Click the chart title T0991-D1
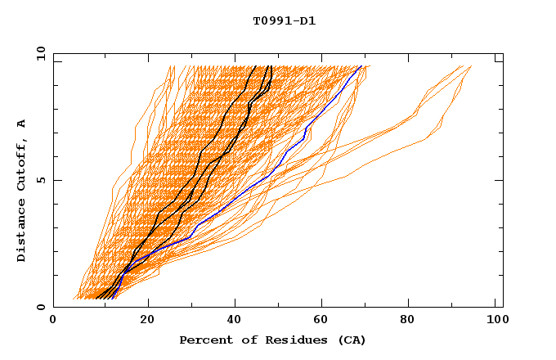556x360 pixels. (x=284, y=20)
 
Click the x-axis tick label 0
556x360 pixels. (x=53, y=320)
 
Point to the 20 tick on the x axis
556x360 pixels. (x=148, y=320)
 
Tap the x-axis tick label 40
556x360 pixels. (x=236, y=320)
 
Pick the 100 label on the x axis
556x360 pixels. (x=495, y=320)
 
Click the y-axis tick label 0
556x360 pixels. (x=41, y=307)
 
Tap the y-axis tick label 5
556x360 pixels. (x=41, y=180)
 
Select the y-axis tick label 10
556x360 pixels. (x=38, y=53)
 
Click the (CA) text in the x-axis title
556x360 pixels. (x=352, y=340)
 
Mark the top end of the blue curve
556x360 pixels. (x=361, y=66)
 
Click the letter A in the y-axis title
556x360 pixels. (x=21, y=123)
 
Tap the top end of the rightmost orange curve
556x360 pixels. (x=471, y=66)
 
